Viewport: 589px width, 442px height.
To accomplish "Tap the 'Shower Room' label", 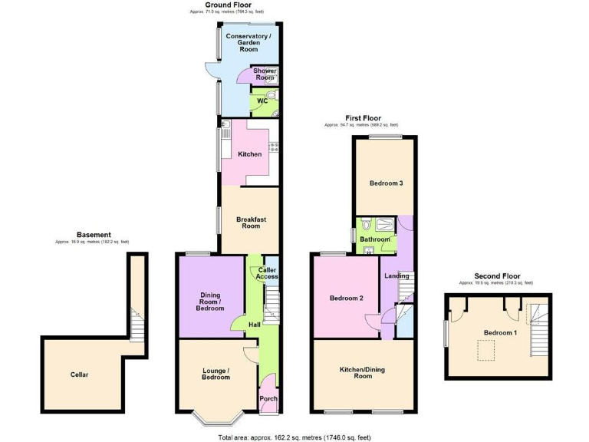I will [x=265, y=74].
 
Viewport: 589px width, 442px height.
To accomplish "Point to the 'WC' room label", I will [x=262, y=101].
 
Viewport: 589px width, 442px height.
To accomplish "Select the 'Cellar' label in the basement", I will [x=79, y=374].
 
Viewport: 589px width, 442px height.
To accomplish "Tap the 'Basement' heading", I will [x=94, y=235].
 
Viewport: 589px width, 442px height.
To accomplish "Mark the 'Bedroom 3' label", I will [x=386, y=183].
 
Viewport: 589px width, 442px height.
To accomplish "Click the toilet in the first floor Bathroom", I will [x=367, y=225].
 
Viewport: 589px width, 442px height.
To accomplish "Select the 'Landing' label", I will [x=396, y=276].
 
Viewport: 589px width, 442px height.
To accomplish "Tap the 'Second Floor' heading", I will [x=496, y=275].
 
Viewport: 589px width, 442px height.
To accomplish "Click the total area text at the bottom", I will [x=294, y=437].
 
